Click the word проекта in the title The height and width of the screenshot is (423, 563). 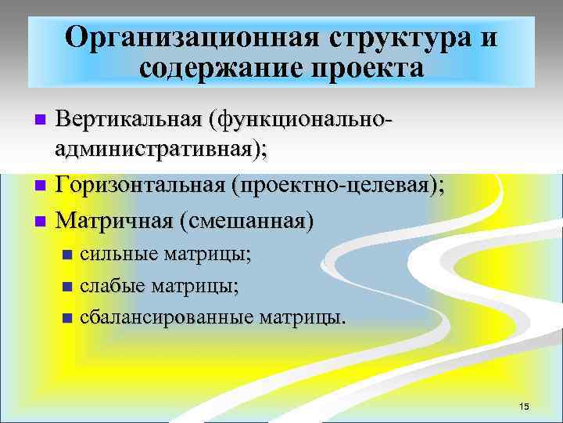[x=369, y=69]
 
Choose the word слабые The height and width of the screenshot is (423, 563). [x=109, y=286]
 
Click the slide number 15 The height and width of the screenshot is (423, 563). [x=524, y=406]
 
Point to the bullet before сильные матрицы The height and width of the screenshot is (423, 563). [x=66, y=255]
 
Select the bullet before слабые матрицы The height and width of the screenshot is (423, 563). [x=66, y=287]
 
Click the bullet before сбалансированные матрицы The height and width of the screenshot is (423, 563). [x=66, y=319]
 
